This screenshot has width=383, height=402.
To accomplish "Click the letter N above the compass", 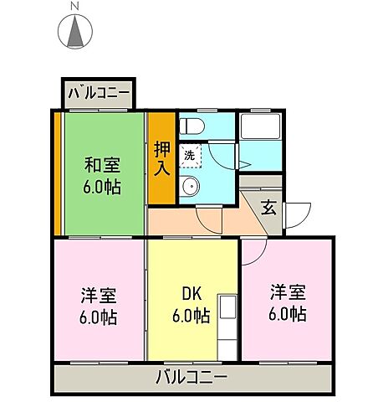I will coord(74,7).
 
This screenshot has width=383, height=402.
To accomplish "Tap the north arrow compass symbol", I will coord(74,33).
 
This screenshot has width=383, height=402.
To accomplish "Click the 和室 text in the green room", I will coord(100,165).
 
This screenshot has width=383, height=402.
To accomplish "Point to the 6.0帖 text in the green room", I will coord(101,186).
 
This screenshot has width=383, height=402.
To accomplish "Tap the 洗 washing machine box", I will coord(191,156).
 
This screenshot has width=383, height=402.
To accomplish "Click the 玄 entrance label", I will coord(268,207).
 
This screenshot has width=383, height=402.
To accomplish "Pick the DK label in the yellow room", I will coord(191,295).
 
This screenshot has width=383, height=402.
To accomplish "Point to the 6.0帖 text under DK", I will coord(191,316).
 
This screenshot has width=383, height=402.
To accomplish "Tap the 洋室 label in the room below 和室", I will coord(99,296).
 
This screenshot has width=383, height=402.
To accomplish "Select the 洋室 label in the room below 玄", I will coord(286,293).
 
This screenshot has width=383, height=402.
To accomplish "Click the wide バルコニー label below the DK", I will coord(191,376).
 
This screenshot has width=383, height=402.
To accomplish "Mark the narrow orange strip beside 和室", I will coord(58,173).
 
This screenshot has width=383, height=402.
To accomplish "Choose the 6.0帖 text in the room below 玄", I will coord(287,315).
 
